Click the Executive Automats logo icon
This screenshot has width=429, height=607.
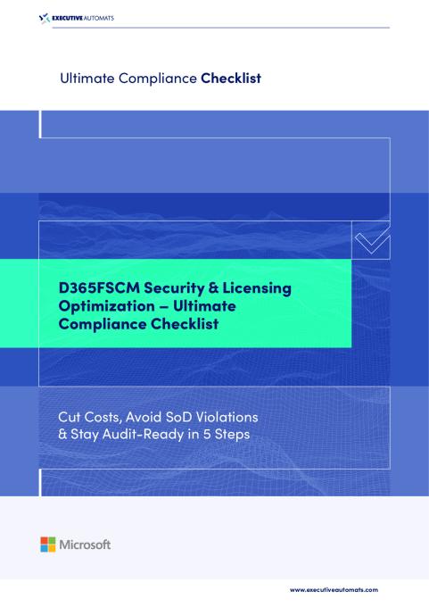tap(46, 17)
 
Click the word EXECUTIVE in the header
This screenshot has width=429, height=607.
tap(72, 17)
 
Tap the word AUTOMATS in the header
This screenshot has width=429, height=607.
tap(108, 17)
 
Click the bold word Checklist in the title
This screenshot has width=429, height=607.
tap(230, 79)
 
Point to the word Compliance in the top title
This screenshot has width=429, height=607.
tap(156, 79)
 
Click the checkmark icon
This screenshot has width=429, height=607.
tap(371, 238)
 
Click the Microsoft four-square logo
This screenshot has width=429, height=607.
tap(47, 544)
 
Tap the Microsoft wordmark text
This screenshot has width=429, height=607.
tap(85, 544)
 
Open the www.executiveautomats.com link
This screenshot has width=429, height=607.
tap(334, 590)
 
